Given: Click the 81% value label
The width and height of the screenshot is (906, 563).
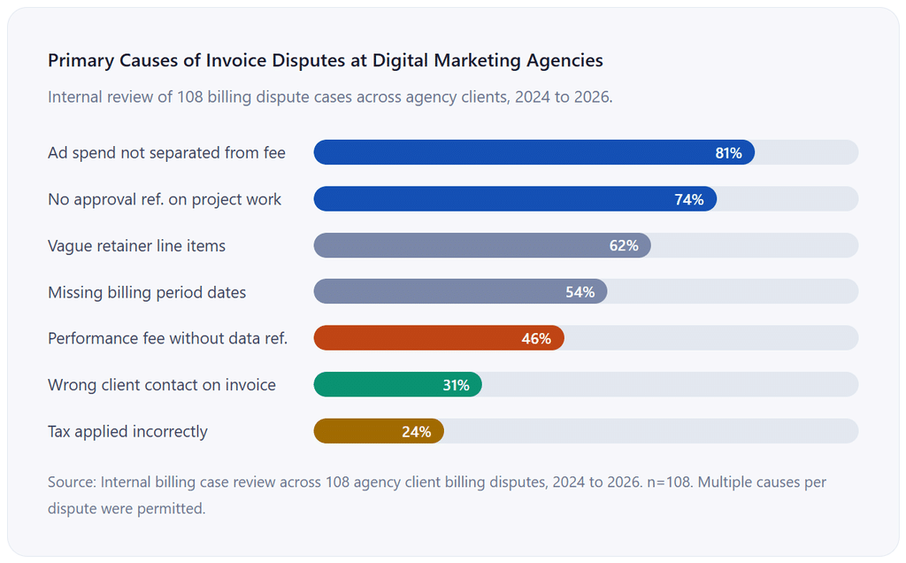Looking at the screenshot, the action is (x=728, y=152).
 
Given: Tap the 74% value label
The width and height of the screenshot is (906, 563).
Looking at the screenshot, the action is (x=689, y=199).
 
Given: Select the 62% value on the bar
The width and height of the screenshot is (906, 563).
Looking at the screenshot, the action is (x=624, y=246).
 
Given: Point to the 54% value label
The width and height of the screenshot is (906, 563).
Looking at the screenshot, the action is (x=580, y=292).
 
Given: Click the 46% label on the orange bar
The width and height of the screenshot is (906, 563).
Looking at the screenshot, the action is (x=536, y=339).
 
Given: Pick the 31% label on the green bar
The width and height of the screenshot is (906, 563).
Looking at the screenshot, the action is (x=456, y=385).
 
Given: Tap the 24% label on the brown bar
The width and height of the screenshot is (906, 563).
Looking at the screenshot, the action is (x=417, y=432).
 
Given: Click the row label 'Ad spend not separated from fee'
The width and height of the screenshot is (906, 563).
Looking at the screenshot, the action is (x=166, y=152).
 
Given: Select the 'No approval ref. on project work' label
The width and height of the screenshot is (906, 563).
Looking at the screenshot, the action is (x=164, y=199).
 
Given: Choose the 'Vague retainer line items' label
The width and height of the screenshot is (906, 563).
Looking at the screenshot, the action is (x=136, y=246).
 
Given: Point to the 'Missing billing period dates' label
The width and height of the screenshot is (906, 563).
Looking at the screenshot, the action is (x=147, y=292).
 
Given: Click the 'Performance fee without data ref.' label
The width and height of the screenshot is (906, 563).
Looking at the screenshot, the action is (x=167, y=338).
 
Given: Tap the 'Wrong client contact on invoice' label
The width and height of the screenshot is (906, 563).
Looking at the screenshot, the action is (x=162, y=385).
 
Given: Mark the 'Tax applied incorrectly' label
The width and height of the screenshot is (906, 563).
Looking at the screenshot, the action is (x=127, y=432).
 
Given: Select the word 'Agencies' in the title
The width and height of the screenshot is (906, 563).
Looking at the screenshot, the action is (x=564, y=61).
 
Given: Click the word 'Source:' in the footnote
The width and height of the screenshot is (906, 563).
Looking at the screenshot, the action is (x=72, y=482).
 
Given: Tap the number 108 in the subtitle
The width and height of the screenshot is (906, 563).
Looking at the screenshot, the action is (x=190, y=96).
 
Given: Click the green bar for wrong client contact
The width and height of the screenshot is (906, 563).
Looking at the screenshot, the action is (x=397, y=384).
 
